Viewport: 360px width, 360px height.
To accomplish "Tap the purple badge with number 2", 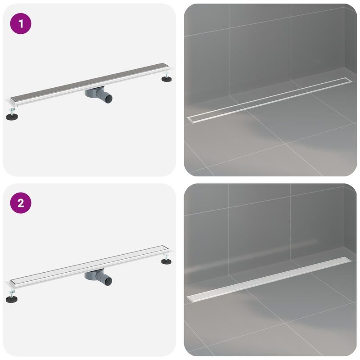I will coord(21,203).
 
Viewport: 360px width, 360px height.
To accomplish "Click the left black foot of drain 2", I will coord(12,298).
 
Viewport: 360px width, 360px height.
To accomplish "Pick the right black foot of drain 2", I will coord(167,261).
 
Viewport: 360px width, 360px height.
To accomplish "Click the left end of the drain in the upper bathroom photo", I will coord(189,118).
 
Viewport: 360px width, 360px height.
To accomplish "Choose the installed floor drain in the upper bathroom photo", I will coord(268,98).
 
